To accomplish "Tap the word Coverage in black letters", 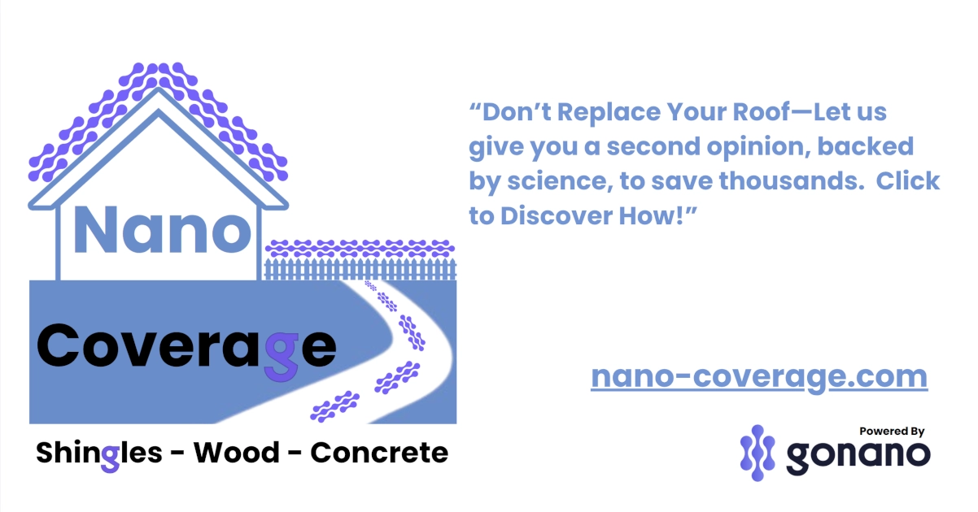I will click(x=186, y=348).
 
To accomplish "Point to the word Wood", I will click(x=236, y=453).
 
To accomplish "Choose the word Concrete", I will click(x=379, y=453).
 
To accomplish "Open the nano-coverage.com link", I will click(x=758, y=377).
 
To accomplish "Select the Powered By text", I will click(x=892, y=432).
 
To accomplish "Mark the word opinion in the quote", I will click(x=749, y=147).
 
